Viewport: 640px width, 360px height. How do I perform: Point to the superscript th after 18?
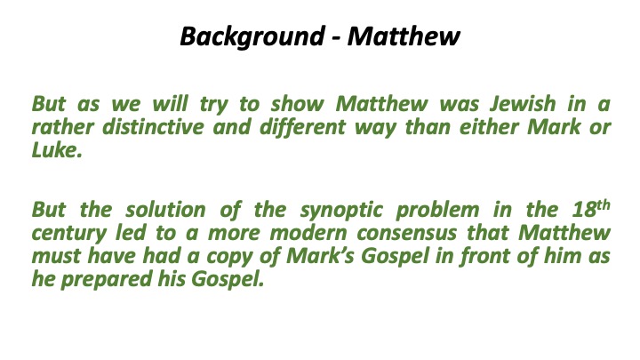click(x=603, y=207)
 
